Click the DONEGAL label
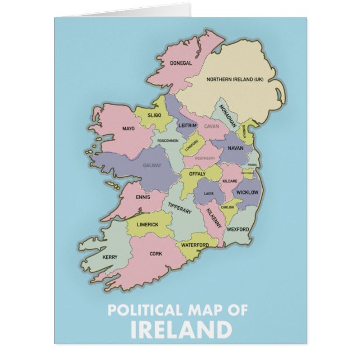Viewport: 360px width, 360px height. [181, 63]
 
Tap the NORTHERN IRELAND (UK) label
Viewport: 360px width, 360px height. [235, 79]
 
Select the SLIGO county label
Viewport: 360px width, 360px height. [154, 115]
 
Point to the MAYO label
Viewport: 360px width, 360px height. [129, 129]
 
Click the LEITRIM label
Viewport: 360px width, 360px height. [187, 126]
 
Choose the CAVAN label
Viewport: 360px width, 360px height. [211, 126]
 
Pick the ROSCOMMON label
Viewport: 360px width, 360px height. [168, 141]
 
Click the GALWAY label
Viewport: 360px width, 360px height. [152, 165]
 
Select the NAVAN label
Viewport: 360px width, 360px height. [235, 148]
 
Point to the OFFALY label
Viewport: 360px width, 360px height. [197, 174]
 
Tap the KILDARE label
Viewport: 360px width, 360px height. [230, 182]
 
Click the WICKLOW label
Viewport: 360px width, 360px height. [247, 192]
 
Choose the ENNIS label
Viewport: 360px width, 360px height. [143, 197]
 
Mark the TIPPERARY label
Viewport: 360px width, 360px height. [180, 208]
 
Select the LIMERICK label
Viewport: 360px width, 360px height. [148, 225]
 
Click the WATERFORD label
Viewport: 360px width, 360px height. [195, 245]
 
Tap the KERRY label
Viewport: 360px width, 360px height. [110, 257]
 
